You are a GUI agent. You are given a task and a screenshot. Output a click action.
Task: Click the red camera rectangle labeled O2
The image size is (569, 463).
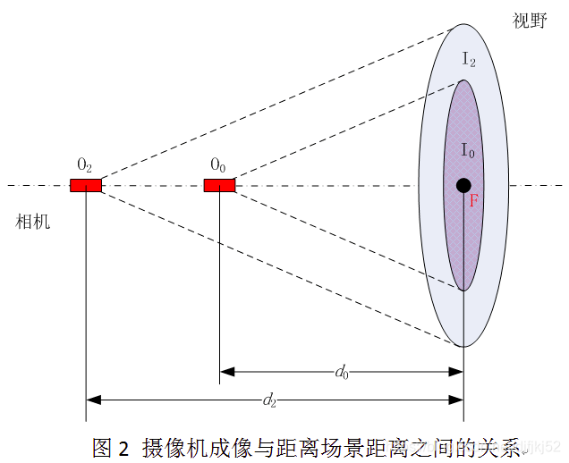(86, 185)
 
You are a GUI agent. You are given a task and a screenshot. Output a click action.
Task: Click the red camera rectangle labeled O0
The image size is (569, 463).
(219, 185)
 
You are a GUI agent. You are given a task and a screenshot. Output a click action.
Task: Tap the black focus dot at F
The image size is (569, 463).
(463, 185)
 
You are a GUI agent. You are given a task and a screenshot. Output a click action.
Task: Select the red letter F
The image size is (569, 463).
(474, 202)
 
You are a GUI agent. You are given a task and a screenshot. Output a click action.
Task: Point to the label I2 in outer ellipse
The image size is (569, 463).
(469, 59)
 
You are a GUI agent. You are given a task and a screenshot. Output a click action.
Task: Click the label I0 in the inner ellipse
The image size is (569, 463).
(468, 150)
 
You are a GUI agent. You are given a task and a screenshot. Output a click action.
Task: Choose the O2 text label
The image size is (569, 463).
(85, 164)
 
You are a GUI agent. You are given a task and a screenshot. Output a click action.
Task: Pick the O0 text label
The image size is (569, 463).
(218, 164)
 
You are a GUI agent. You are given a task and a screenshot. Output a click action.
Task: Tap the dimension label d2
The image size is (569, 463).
(269, 401)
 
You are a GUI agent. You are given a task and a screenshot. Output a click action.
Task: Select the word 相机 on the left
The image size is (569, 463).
(34, 222)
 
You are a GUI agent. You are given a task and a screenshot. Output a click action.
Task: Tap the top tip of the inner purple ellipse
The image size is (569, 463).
(463, 80)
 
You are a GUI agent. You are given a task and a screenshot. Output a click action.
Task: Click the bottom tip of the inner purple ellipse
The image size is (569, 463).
(463, 290)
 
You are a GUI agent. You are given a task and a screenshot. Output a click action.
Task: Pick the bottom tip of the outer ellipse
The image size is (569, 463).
(463, 347)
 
